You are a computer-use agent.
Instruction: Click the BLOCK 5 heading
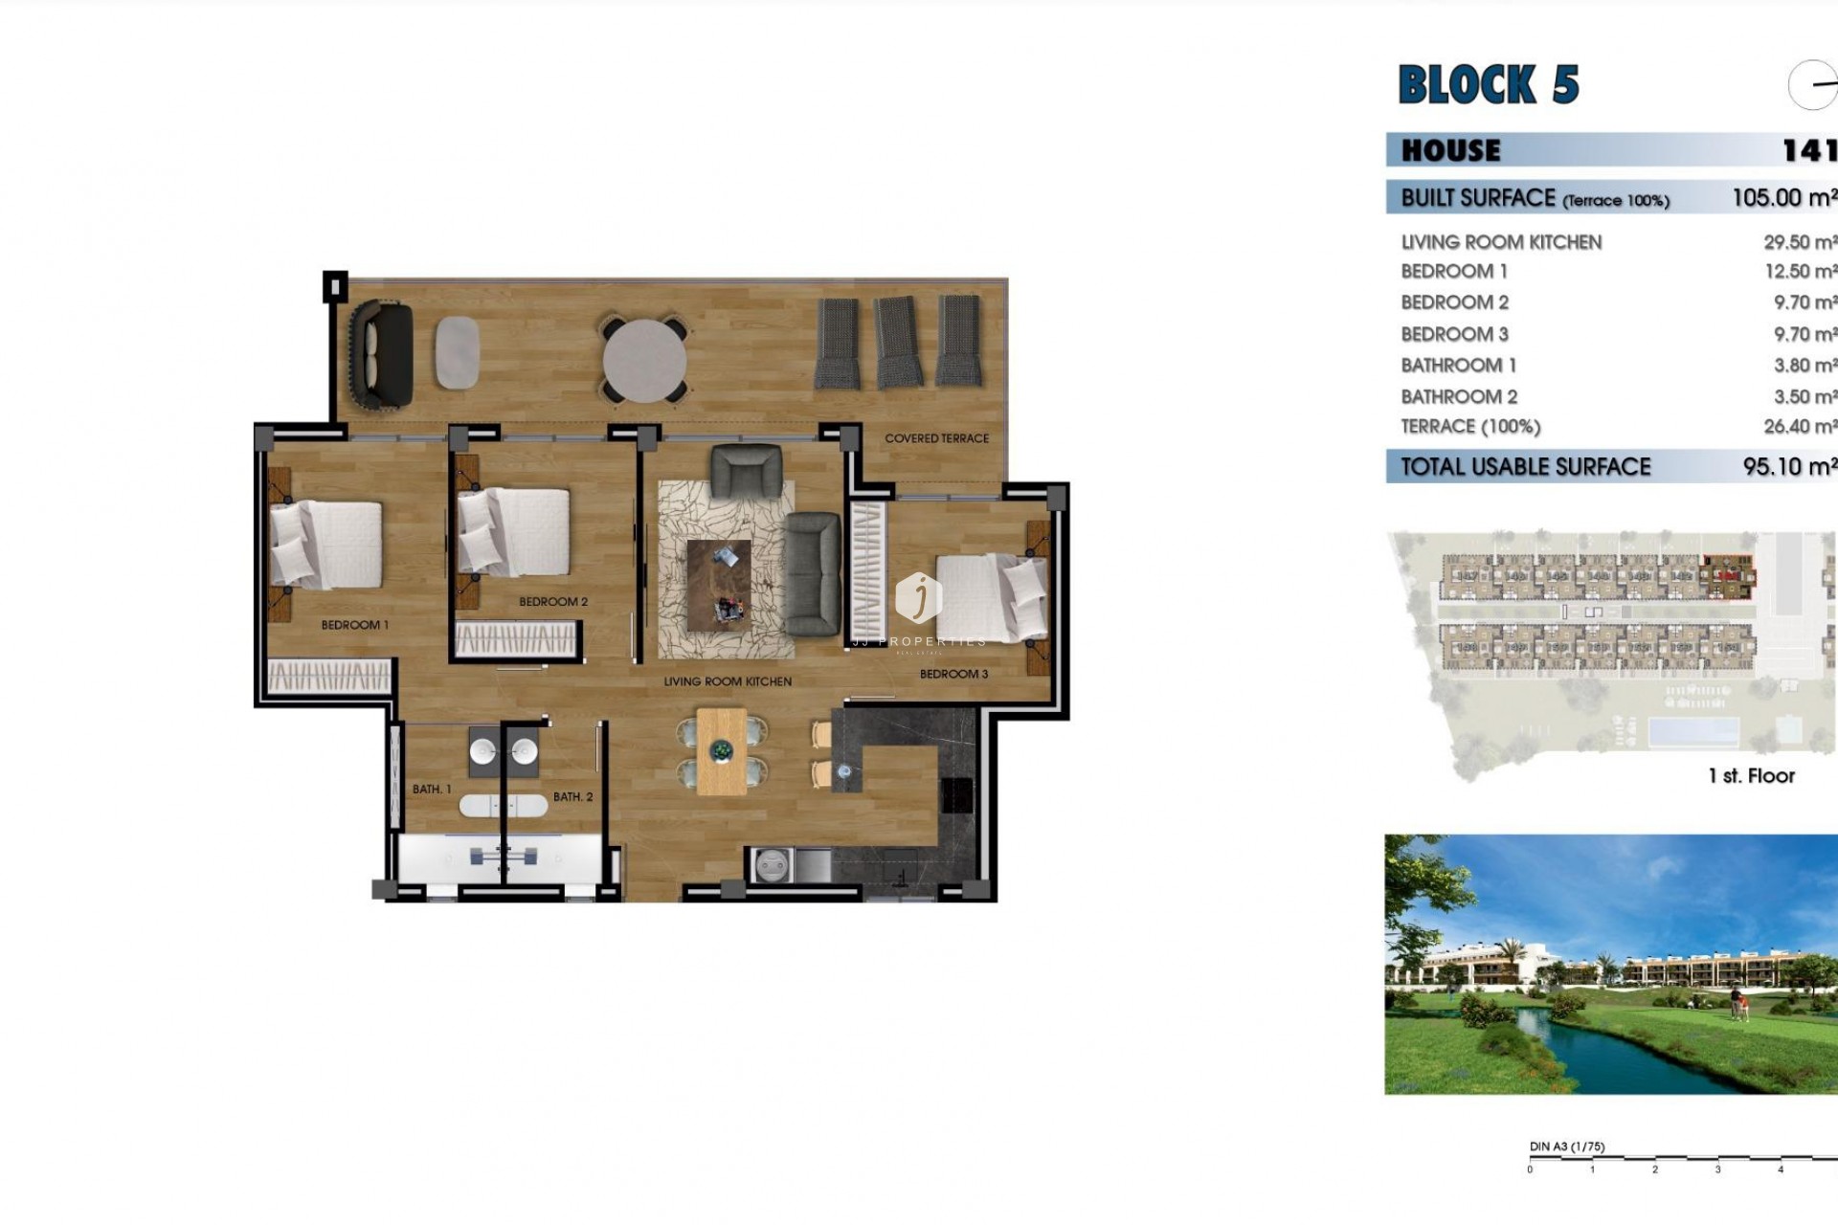(1488, 84)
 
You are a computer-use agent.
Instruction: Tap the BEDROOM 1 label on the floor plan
(354, 625)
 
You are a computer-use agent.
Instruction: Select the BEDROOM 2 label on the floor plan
(553, 602)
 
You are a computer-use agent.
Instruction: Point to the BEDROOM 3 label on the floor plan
(953, 674)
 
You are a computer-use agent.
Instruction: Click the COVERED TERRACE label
(936, 438)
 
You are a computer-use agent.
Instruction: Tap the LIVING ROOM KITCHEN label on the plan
(728, 681)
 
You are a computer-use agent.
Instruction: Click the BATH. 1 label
(432, 790)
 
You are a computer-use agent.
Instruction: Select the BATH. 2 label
(572, 796)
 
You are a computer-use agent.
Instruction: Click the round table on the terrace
(644, 361)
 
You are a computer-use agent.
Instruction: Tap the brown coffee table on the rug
(719, 585)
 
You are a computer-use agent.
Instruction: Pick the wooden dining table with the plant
(722, 751)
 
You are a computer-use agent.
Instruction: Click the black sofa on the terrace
(381, 354)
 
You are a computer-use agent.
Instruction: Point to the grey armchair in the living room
(746, 471)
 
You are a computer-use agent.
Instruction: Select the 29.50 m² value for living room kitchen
(1800, 242)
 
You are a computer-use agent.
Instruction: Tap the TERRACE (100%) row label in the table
(1470, 427)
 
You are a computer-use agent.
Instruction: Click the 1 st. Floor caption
(1751, 776)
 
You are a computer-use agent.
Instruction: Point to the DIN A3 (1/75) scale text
(1567, 1147)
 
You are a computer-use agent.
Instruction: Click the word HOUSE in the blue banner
(1451, 150)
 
